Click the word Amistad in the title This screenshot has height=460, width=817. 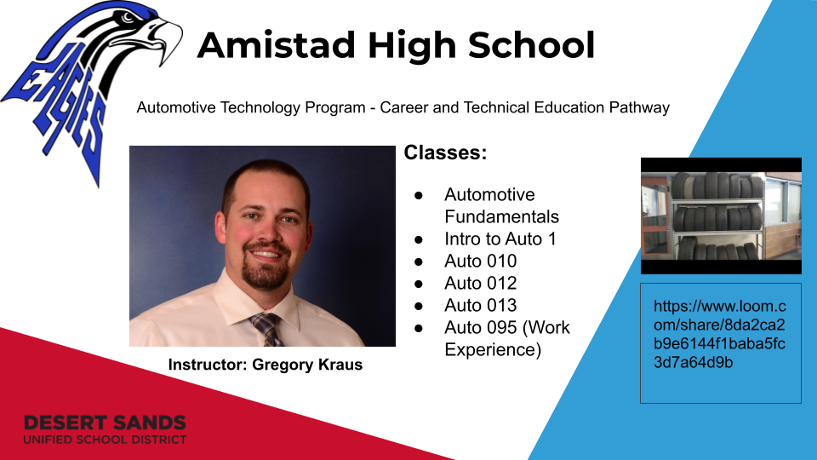276,45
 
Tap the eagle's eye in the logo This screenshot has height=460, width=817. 129,18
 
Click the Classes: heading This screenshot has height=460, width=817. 445,152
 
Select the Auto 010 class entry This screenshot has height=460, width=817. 480,261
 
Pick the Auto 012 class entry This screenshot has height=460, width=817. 480,283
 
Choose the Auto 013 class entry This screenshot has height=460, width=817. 480,305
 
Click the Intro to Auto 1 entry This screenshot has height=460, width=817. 500,239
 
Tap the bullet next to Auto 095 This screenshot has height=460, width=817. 419,328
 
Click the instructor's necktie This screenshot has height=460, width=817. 268,329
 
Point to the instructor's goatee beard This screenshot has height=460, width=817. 266,266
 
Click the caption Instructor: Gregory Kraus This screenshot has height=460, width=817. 266,365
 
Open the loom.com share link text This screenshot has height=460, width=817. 720,334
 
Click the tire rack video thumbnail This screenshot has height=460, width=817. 721,216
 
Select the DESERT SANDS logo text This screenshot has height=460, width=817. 105,423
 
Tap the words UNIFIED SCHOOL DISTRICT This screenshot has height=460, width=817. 105,440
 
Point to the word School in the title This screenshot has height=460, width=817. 531,45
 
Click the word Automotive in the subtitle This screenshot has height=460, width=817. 176,107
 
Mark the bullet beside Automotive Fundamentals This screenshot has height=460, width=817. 419,195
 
